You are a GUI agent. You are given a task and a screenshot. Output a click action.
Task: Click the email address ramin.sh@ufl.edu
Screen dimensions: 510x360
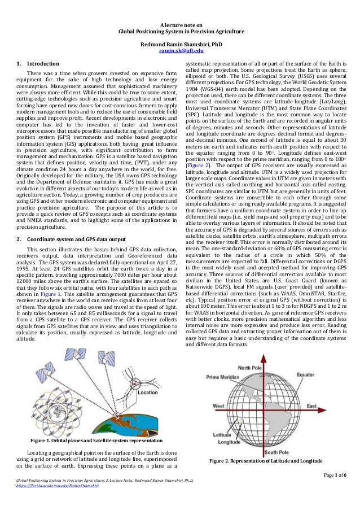point(180,51)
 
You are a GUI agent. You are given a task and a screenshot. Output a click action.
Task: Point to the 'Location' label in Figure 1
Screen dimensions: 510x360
point(148,391)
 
